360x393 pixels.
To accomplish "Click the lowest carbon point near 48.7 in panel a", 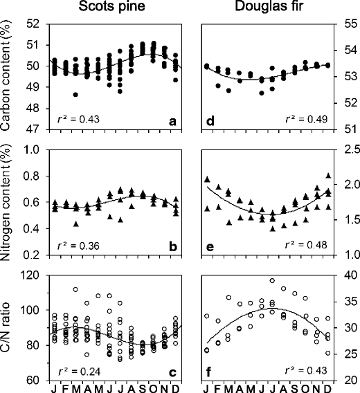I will tap(75, 94).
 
